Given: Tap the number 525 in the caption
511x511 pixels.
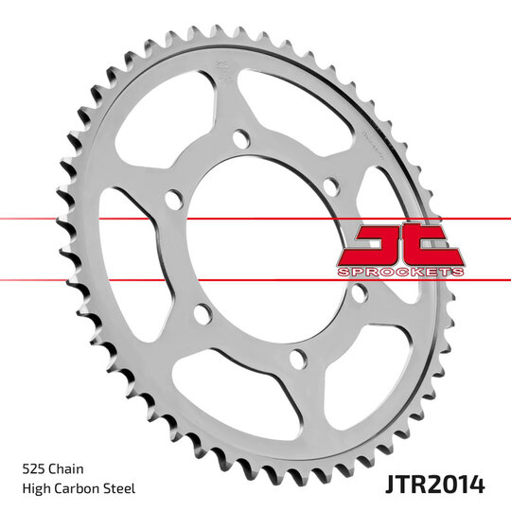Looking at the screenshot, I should [x=34, y=468].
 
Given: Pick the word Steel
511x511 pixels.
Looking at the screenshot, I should [x=120, y=488].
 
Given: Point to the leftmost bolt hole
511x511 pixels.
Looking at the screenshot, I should [x=172, y=200].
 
